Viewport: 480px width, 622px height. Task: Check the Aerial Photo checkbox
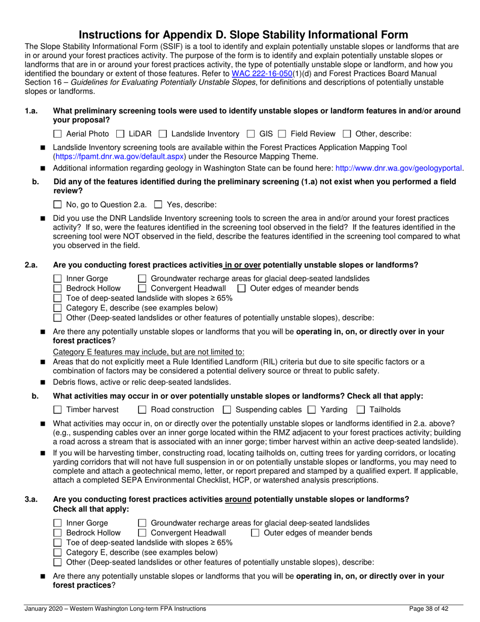(57, 134)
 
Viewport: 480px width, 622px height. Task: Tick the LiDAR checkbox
(120, 134)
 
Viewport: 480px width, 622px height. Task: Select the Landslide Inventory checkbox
(163, 134)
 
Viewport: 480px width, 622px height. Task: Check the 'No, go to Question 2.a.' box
(57, 205)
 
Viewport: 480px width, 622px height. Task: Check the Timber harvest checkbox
(57, 410)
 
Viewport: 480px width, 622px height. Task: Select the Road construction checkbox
(142, 410)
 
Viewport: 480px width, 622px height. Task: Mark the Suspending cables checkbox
(227, 410)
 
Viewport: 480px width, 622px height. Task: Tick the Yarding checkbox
(312, 410)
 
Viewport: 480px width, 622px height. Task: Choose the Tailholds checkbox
(361, 410)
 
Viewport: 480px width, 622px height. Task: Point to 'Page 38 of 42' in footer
(429, 609)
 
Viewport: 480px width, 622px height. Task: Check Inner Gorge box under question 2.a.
(57, 279)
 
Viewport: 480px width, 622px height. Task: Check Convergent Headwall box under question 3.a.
(142, 533)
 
